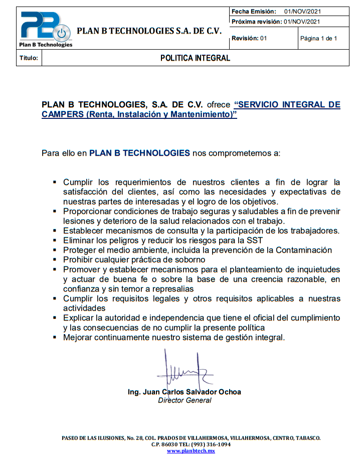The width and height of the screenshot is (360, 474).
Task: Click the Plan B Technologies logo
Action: pyautogui.click(x=46, y=29)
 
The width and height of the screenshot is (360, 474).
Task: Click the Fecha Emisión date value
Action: pyautogui.click(x=302, y=12)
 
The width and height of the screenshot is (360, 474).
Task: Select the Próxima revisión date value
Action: pyautogui.click(x=302, y=22)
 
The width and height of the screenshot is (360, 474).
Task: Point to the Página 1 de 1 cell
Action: pyautogui.click(x=318, y=39)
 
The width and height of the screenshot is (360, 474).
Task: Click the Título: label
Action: pyautogui.click(x=29, y=58)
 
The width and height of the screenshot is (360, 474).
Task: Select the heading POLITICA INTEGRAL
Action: pyautogui.click(x=195, y=58)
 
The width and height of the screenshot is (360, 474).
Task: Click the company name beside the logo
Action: pyautogui.click(x=149, y=31)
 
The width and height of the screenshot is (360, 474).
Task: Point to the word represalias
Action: pyautogui.click(x=169, y=289)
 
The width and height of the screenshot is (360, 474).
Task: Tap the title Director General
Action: pyautogui.click(x=185, y=400)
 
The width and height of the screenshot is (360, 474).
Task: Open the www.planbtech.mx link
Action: pyautogui.click(x=191, y=451)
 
